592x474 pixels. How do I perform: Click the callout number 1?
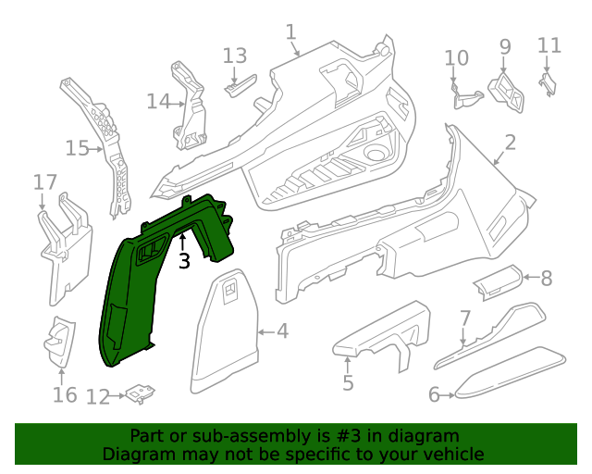point(290,33)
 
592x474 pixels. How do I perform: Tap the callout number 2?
point(510,142)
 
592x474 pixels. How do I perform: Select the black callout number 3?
point(184,261)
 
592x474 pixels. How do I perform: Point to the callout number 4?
point(282,331)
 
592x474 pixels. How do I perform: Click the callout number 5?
point(347,381)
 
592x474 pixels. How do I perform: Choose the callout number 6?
point(434,395)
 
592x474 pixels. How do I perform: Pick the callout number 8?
point(546,277)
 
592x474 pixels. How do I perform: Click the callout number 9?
point(505,45)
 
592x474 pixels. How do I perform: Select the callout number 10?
point(457,58)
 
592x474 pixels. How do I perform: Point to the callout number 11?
point(549,44)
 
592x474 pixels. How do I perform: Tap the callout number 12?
point(97,397)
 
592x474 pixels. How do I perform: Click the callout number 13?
point(235,56)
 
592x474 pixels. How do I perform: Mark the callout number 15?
point(77,147)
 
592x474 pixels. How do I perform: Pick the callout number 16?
point(64,395)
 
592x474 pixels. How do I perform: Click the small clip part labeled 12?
point(141,393)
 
